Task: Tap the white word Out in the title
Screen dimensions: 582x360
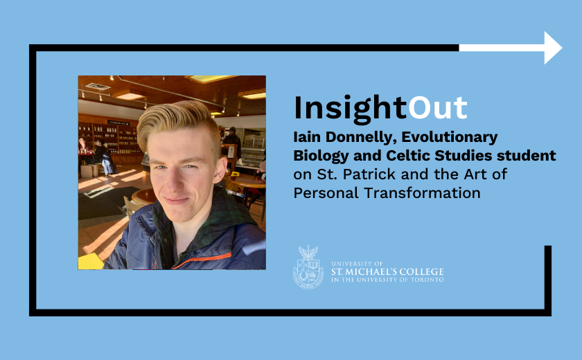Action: click(x=437, y=108)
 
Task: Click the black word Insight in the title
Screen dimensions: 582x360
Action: click(x=351, y=109)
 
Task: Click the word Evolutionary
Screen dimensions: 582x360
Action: click(x=449, y=138)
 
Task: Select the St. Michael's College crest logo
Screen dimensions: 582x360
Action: click(x=308, y=267)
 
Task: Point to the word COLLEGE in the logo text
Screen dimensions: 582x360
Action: click(x=420, y=271)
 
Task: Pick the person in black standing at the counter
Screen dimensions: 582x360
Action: click(x=232, y=143)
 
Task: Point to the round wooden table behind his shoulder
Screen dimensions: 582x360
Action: click(x=247, y=182)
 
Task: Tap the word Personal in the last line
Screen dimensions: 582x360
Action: click(x=326, y=192)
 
